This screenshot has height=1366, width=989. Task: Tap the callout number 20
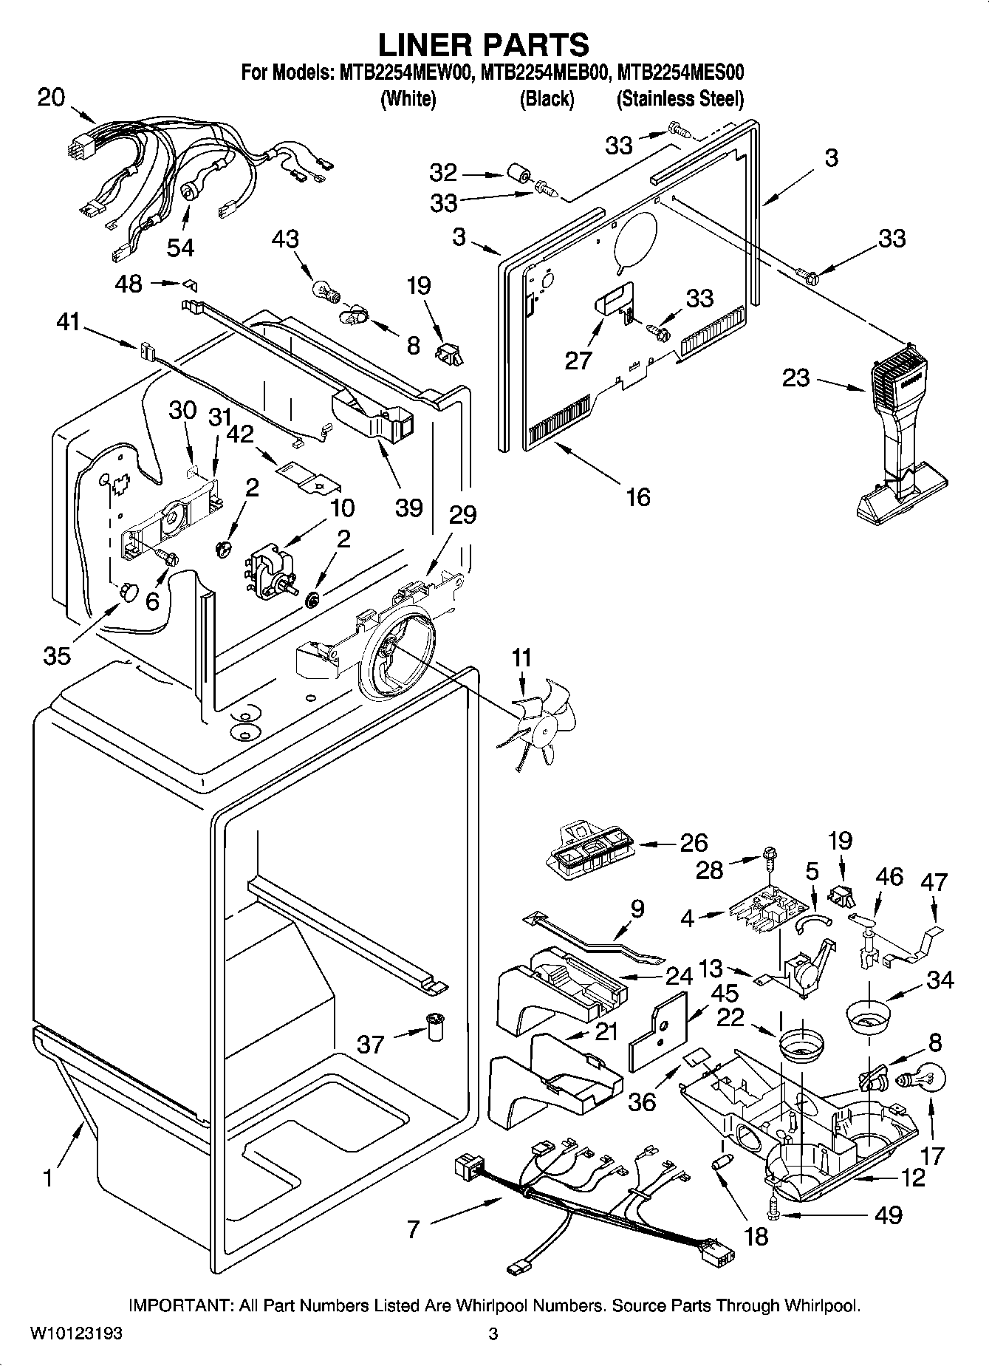coord(51,97)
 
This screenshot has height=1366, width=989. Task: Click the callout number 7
coord(413,1229)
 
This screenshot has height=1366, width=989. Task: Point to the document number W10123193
coord(76,1334)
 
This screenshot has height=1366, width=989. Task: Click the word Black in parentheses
coord(547,98)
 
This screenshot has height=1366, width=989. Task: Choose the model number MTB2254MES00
coord(680,72)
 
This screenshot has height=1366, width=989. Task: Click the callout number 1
coord(48,1177)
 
